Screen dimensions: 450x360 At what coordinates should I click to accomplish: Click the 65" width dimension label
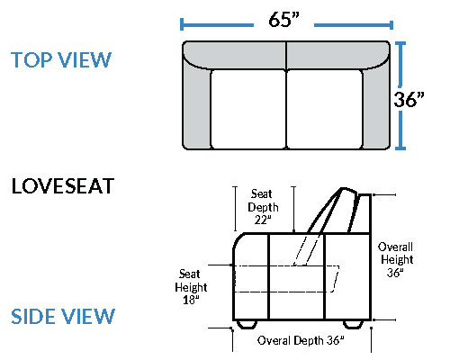pyautogui.click(x=283, y=20)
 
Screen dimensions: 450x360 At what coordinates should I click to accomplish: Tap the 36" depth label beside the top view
pyautogui.click(x=409, y=99)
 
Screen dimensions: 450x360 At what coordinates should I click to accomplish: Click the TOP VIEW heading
pyautogui.click(x=61, y=59)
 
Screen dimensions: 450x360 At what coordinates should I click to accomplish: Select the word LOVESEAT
pyautogui.click(x=63, y=186)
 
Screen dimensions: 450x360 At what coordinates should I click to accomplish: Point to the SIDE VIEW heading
pyautogui.click(x=63, y=316)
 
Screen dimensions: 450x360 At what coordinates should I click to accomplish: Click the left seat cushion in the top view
pyautogui.click(x=247, y=109)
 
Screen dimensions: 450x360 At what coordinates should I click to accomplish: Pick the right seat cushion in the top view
pyautogui.click(x=325, y=109)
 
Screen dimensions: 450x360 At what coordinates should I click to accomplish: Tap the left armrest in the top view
pyautogui.click(x=196, y=105)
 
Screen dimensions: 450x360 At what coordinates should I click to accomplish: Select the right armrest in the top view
pyautogui.click(x=376, y=105)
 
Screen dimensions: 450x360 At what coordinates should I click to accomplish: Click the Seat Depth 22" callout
pyautogui.click(x=263, y=207)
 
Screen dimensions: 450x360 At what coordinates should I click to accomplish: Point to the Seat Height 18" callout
pyautogui.click(x=191, y=287)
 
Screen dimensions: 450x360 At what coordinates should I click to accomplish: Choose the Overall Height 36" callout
pyautogui.click(x=396, y=260)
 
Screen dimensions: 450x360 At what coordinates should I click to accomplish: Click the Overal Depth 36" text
pyautogui.click(x=301, y=340)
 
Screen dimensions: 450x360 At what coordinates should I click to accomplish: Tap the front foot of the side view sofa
pyautogui.click(x=247, y=324)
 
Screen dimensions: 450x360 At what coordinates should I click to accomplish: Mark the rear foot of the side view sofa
pyautogui.click(x=353, y=324)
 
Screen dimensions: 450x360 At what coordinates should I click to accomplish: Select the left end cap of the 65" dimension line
pyautogui.click(x=182, y=24)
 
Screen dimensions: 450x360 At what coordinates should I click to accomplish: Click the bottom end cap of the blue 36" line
pyautogui.click(x=400, y=148)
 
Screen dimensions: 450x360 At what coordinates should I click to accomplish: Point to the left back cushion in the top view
pyautogui.click(x=235, y=55)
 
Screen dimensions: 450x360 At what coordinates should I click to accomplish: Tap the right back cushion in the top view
pyautogui.click(x=338, y=55)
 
